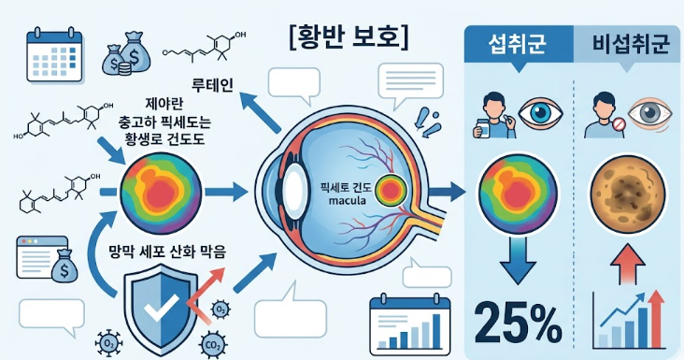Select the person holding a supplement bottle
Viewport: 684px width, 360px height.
(x=491, y=112)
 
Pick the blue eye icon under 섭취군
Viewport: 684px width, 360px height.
(x=539, y=111)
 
